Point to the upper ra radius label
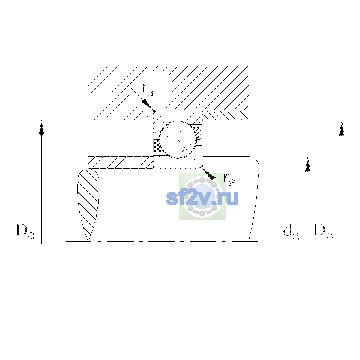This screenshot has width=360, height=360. [148, 90]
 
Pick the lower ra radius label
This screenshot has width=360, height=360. [229, 180]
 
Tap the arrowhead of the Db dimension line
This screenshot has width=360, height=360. [342, 128]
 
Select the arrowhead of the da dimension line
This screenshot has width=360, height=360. [308, 164]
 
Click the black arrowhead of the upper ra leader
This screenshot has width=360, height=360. [147, 104]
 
